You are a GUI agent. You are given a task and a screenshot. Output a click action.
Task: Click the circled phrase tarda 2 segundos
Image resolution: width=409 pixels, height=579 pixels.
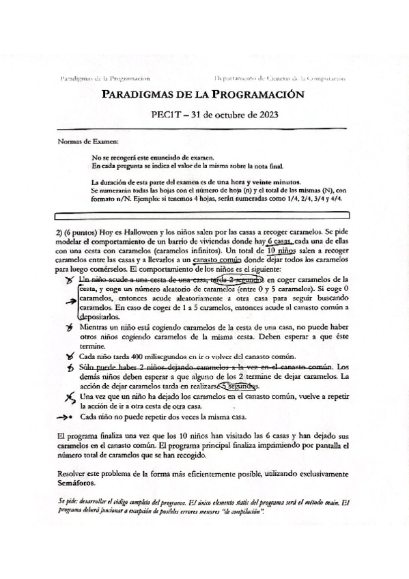point(238,279)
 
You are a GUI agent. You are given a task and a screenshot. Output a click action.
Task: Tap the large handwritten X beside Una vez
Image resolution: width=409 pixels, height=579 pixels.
point(68,397)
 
